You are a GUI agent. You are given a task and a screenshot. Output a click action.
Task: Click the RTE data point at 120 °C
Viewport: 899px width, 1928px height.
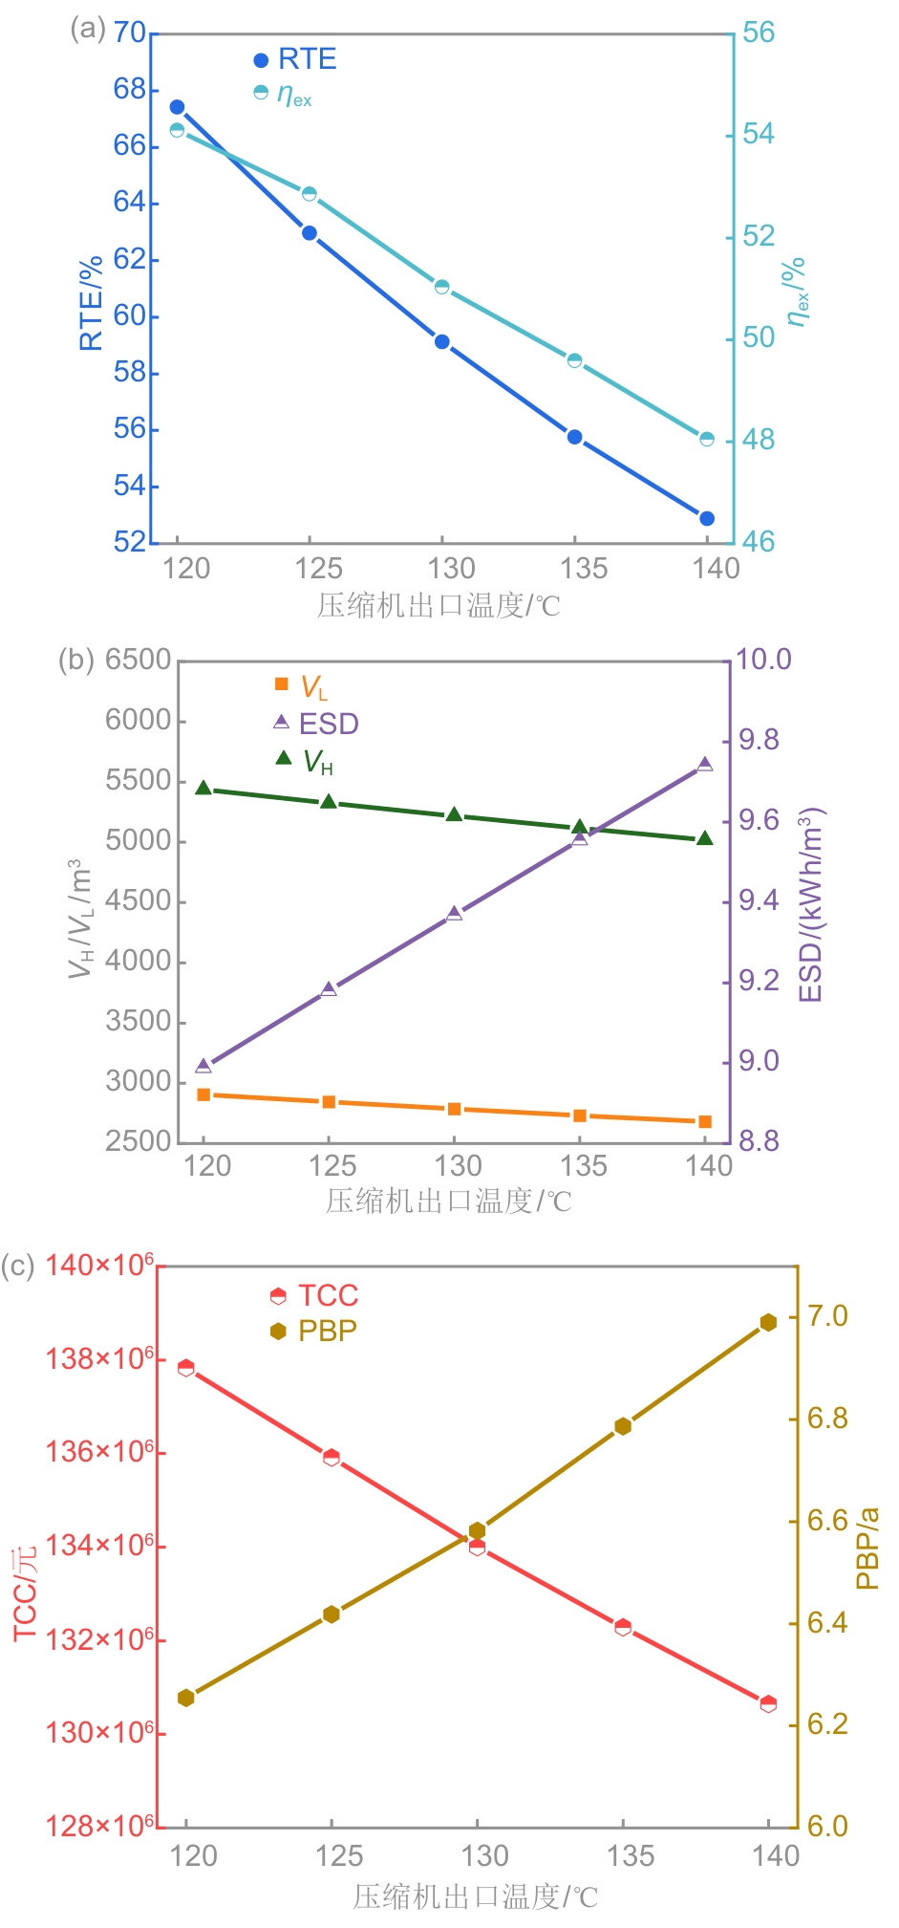point(177,107)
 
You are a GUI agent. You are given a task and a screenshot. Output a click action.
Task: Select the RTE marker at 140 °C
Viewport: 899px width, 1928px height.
point(707,518)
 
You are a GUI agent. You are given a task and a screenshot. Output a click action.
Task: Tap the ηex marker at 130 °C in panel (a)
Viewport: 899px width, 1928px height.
point(442,287)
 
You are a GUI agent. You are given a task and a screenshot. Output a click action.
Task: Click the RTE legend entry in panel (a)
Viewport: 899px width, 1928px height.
point(295,59)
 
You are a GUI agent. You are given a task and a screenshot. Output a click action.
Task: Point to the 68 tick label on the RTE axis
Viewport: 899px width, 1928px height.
point(130,89)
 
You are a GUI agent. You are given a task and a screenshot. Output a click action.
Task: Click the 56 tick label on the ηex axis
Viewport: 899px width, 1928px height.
point(759,32)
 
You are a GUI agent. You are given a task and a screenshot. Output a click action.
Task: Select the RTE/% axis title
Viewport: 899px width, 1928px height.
point(91,303)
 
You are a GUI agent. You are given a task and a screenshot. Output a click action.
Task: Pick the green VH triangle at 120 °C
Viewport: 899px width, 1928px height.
point(203,788)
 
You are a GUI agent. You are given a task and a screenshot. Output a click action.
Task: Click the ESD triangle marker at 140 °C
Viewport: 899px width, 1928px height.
point(705,764)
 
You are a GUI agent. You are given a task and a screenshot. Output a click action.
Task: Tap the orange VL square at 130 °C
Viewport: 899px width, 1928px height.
point(455,1109)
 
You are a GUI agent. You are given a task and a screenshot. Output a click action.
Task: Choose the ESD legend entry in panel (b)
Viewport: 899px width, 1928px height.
point(316,724)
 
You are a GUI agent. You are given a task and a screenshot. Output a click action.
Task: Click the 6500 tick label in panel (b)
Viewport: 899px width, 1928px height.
point(138,660)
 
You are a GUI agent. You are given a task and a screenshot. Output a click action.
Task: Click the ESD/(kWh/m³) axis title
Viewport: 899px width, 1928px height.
point(811,904)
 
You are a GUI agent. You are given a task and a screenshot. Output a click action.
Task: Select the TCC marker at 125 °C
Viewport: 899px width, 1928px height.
point(332,1457)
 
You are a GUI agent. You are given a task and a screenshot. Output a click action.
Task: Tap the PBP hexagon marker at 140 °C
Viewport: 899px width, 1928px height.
point(768,1322)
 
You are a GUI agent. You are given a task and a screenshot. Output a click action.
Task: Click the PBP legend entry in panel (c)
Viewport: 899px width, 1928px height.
point(314,1331)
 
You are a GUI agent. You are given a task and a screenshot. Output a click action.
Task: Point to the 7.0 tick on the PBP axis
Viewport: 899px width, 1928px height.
point(827,1316)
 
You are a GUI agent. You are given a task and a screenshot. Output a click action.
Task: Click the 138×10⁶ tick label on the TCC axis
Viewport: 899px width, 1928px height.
point(99,1358)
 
